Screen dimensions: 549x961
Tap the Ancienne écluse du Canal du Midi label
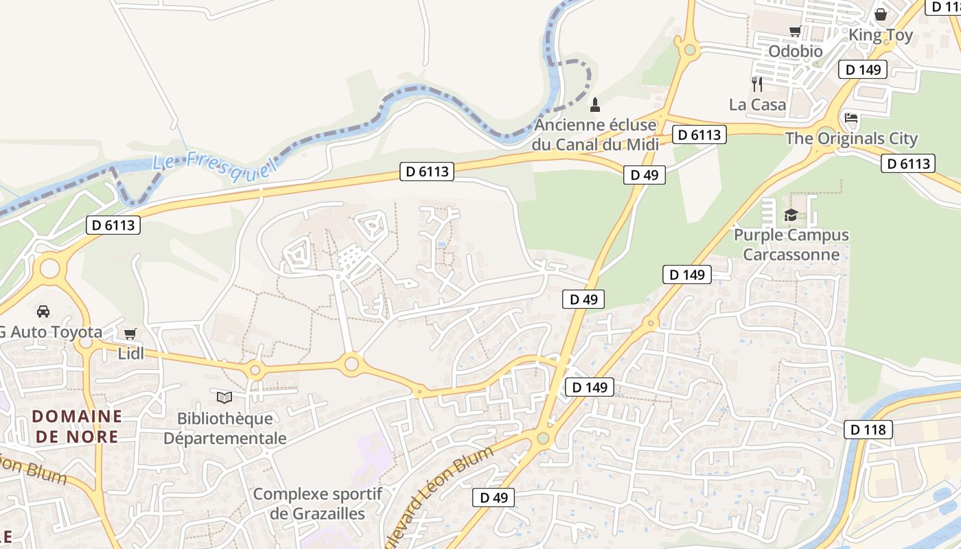pos(595,135)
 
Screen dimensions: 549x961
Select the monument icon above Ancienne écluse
pos(595,105)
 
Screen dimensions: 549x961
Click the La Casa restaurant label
pos(757,105)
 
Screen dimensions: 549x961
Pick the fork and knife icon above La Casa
pos(757,84)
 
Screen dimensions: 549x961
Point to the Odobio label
pos(795,51)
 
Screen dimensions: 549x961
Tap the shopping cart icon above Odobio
pos(795,31)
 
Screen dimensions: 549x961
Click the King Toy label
pos(881,35)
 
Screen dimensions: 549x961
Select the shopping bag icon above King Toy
pos(881,14)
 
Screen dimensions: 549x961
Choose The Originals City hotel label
pos(851,139)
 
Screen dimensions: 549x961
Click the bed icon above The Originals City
pos(851,118)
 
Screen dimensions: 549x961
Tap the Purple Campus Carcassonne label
pos(791,245)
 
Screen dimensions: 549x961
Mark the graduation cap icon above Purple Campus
pos(791,215)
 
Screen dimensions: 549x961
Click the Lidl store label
pos(130,354)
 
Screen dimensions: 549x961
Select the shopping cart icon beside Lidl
pos(130,334)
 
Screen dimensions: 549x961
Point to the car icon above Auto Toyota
pos(43,312)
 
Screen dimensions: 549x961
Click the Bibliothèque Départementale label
pos(224,428)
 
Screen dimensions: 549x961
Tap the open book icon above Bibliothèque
pos(224,397)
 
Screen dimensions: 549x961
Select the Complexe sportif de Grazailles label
pos(317,504)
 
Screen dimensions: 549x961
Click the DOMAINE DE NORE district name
pos(77,426)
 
